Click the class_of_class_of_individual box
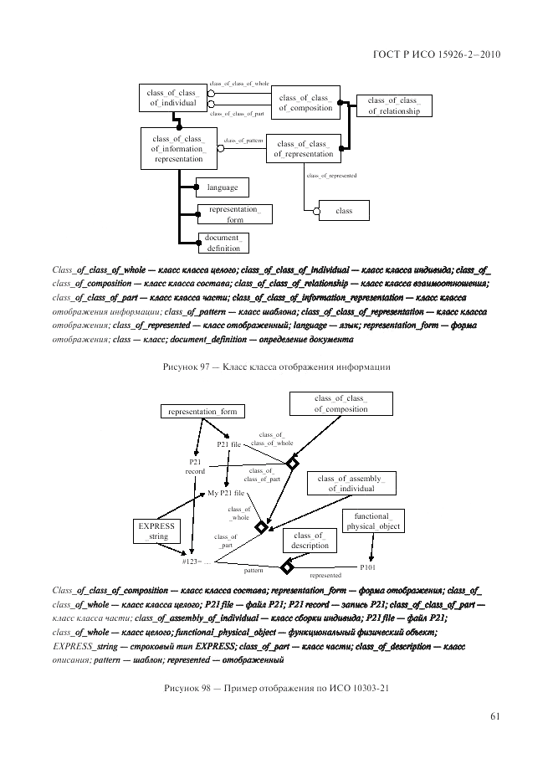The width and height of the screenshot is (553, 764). pyautogui.click(x=172, y=97)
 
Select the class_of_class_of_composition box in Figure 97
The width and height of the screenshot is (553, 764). pyautogui.click(x=305, y=102)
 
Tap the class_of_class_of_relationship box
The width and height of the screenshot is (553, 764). pyautogui.click(x=393, y=105)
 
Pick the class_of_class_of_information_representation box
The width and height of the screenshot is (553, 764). pyautogui.click(x=178, y=148)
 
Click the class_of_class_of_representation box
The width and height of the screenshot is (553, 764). pyautogui.click(x=302, y=148)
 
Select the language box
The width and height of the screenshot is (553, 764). pyautogui.click(x=223, y=187)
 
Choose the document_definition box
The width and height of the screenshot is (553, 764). pyautogui.click(x=223, y=243)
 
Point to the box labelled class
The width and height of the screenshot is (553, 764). pyautogui.click(x=344, y=212)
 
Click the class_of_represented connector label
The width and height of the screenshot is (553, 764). pyautogui.click(x=332, y=176)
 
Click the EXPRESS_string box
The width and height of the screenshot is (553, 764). pyautogui.click(x=154, y=532)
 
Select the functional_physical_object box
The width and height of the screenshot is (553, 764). pyautogui.click(x=373, y=520)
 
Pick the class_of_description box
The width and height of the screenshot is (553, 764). pyautogui.click(x=309, y=541)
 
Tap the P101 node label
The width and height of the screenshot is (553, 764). pyautogui.click(x=368, y=567)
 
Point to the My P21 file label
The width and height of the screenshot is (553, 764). pyautogui.click(x=226, y=494)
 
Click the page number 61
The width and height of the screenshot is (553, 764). pyautogui.click(x=495, y=715)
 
